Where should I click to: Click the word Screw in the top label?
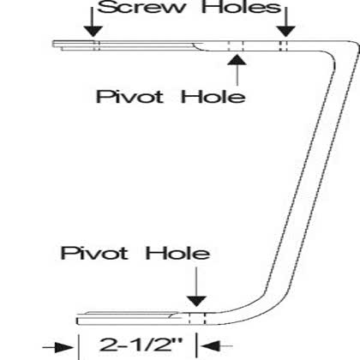coord(141,7)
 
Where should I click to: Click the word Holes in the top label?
coord(242,7)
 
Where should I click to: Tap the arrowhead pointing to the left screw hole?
coord(93,31)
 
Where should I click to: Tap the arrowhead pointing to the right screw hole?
coord(285,31)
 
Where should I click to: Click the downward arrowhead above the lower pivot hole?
coord(196,302)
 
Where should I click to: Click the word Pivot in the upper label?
coord(129,97)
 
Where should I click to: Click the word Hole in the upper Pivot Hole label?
coord(213,97)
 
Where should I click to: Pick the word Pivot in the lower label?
coord(94,253)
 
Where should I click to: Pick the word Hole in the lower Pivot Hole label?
coord(177,253)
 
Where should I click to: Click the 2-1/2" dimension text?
coord(141,345)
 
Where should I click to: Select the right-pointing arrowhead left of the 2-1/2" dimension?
coord(64,347)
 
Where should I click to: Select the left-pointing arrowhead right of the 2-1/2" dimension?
coord(211,346)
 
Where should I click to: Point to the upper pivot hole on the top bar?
coord(236,46)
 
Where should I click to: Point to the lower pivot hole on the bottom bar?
coord(197,319)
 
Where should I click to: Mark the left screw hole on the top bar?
coord(97,45)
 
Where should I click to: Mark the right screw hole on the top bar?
coord(283,46)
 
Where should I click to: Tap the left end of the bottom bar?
coord(77,321)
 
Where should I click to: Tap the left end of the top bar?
coord(53,44)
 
